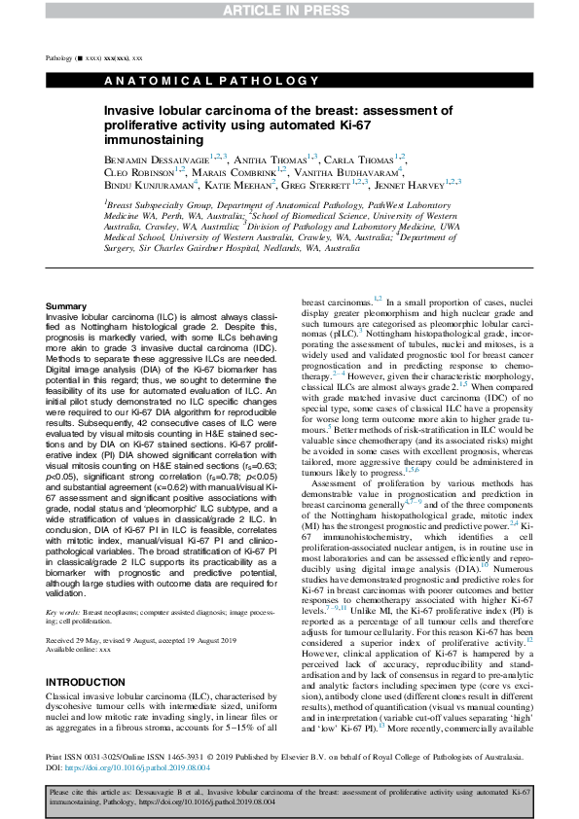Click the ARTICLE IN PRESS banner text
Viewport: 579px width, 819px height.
pyautogui.click(x=289, y=10)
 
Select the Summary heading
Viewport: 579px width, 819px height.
pyautogui.click(x=65, y=306)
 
